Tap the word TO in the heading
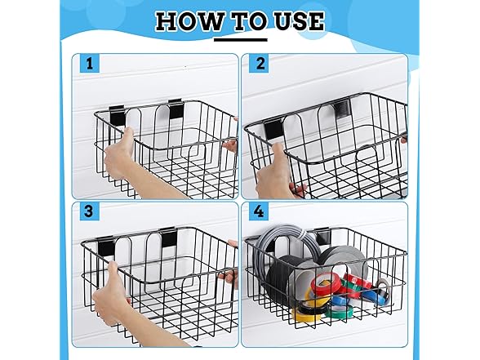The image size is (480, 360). coord(249,21)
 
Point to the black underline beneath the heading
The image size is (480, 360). coord(240,39)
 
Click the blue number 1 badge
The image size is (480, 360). coord(90,64)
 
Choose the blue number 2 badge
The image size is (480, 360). coord(260,64)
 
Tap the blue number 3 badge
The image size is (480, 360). coord(89,211)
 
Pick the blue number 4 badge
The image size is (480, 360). coord(259,211)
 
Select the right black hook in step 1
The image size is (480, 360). coord(176,109)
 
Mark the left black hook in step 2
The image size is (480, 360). coord(273,129)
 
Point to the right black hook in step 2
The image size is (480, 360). coord(343,110)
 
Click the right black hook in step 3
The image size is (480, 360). coord(169,238)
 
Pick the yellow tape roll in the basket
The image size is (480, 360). coord(307,311)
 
